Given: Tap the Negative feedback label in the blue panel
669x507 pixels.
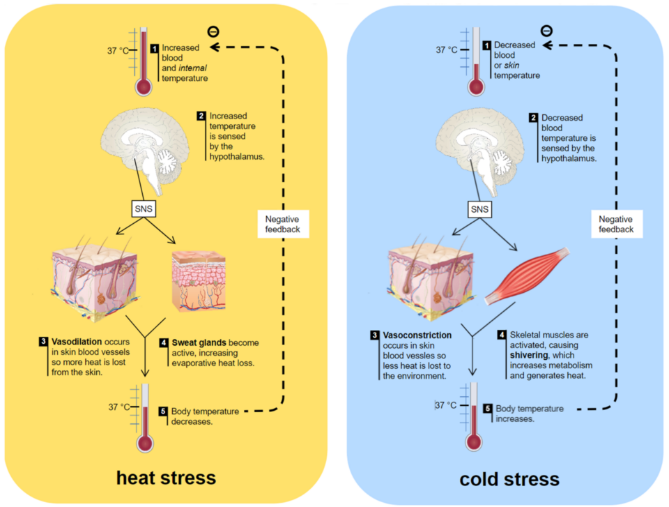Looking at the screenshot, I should tap(616, 223).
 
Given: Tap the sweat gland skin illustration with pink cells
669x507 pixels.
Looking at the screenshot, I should tap(199, 282).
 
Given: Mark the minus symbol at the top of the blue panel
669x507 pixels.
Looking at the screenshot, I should tap(546, 31).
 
